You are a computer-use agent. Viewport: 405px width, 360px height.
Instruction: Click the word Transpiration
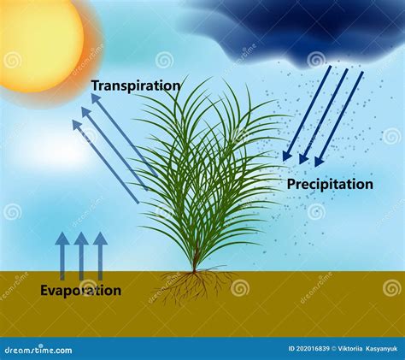(x=136, y=86)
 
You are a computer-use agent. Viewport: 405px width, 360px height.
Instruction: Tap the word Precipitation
(x=330, y=185)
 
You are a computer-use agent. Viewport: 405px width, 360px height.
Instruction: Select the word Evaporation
(x=80, y=291)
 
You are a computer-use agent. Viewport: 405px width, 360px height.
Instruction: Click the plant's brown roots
(x=194, y=285)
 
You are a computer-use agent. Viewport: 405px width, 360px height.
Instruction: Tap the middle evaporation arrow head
(x=81, y=239)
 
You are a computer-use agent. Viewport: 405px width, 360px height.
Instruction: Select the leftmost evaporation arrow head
(x=62, y=239)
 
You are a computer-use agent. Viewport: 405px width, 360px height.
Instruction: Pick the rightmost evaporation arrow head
(x=100, y=239)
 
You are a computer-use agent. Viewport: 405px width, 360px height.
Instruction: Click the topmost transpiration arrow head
(x=96, y=98)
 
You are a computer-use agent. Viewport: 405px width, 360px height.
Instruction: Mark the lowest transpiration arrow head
(x=78, y=125)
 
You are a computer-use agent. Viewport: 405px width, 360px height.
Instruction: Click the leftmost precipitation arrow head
(x=287, y=156)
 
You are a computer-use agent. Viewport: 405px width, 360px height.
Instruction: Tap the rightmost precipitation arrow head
(x=319, y=162)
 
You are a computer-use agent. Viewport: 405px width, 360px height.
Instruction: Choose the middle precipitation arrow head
(x=303, y=159)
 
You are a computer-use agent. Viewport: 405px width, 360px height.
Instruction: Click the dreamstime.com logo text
(x=38, y=350)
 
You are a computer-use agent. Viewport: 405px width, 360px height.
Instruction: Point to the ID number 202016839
(x=313, y=349)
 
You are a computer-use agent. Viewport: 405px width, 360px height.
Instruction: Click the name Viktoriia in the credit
(x=349, y=349)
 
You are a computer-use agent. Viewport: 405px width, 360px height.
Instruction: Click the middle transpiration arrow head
(x=87, y=112)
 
